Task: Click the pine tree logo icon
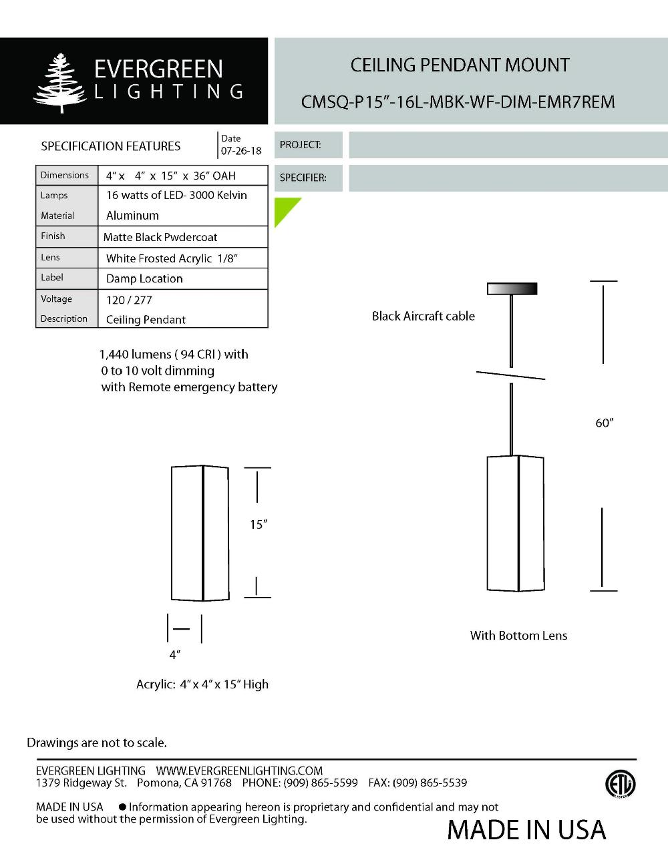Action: pos(61,82)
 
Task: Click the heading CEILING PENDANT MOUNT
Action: pos(460,65)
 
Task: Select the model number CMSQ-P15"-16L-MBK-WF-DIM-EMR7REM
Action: pos(458,102)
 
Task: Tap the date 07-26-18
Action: pos(241,151)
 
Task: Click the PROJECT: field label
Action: pos(300,145)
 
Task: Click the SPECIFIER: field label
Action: pos(303,178)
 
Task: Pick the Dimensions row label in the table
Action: pos(65,175)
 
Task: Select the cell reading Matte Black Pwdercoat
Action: pos(160,237)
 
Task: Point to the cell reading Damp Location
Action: pos(144,278)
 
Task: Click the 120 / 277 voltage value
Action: pos(129,300)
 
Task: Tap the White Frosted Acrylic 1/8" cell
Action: pos(172,258)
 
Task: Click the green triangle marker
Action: pos(285,209)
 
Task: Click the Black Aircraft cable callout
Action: pos(424,316)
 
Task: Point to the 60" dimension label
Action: pos(604,423)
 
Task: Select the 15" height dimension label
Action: pos(258,525)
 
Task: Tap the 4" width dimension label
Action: pos(174,655)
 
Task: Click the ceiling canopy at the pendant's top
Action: pos(512,288)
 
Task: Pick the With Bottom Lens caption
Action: pos(518,636)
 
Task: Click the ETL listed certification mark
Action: pos(620,784)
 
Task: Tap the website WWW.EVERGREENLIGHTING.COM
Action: pos(239,771)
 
